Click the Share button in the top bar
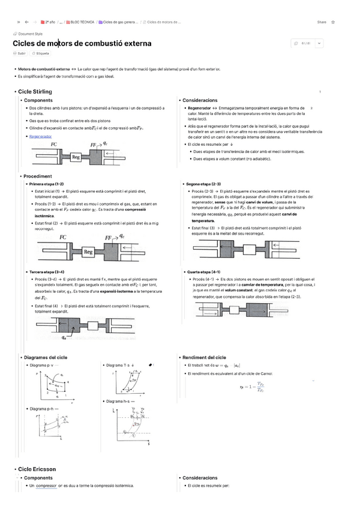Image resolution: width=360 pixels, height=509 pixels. (x=322, y=22)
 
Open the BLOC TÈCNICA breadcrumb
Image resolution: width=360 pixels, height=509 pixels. (x=81, y=22)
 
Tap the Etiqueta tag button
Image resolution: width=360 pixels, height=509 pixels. (x=41, y=53)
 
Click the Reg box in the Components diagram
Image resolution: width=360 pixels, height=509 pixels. (x=76, y=157)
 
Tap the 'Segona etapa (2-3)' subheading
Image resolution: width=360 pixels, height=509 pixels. (x=203, y=184)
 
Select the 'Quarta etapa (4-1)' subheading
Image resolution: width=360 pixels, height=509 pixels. (x=204, y=272)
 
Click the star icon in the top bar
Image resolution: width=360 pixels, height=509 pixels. (x=332, y=22)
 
